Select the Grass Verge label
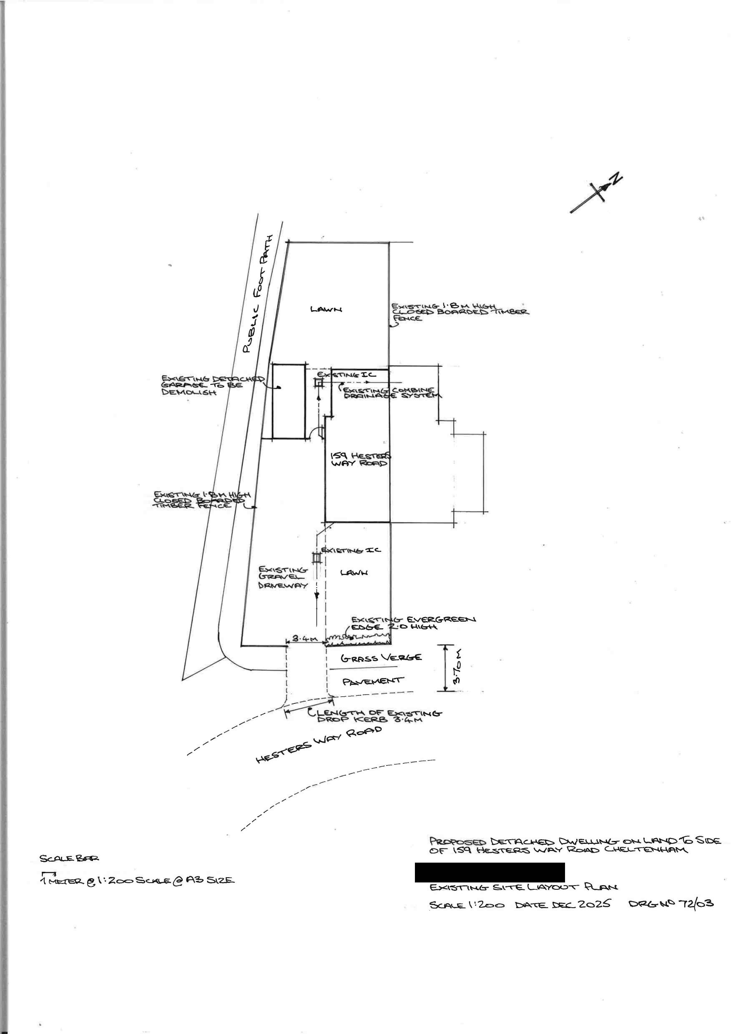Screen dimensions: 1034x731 click(x=381, y=658)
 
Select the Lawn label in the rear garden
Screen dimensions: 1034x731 click(x=326, y=309)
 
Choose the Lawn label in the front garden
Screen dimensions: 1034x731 click(x=354, y=572)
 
